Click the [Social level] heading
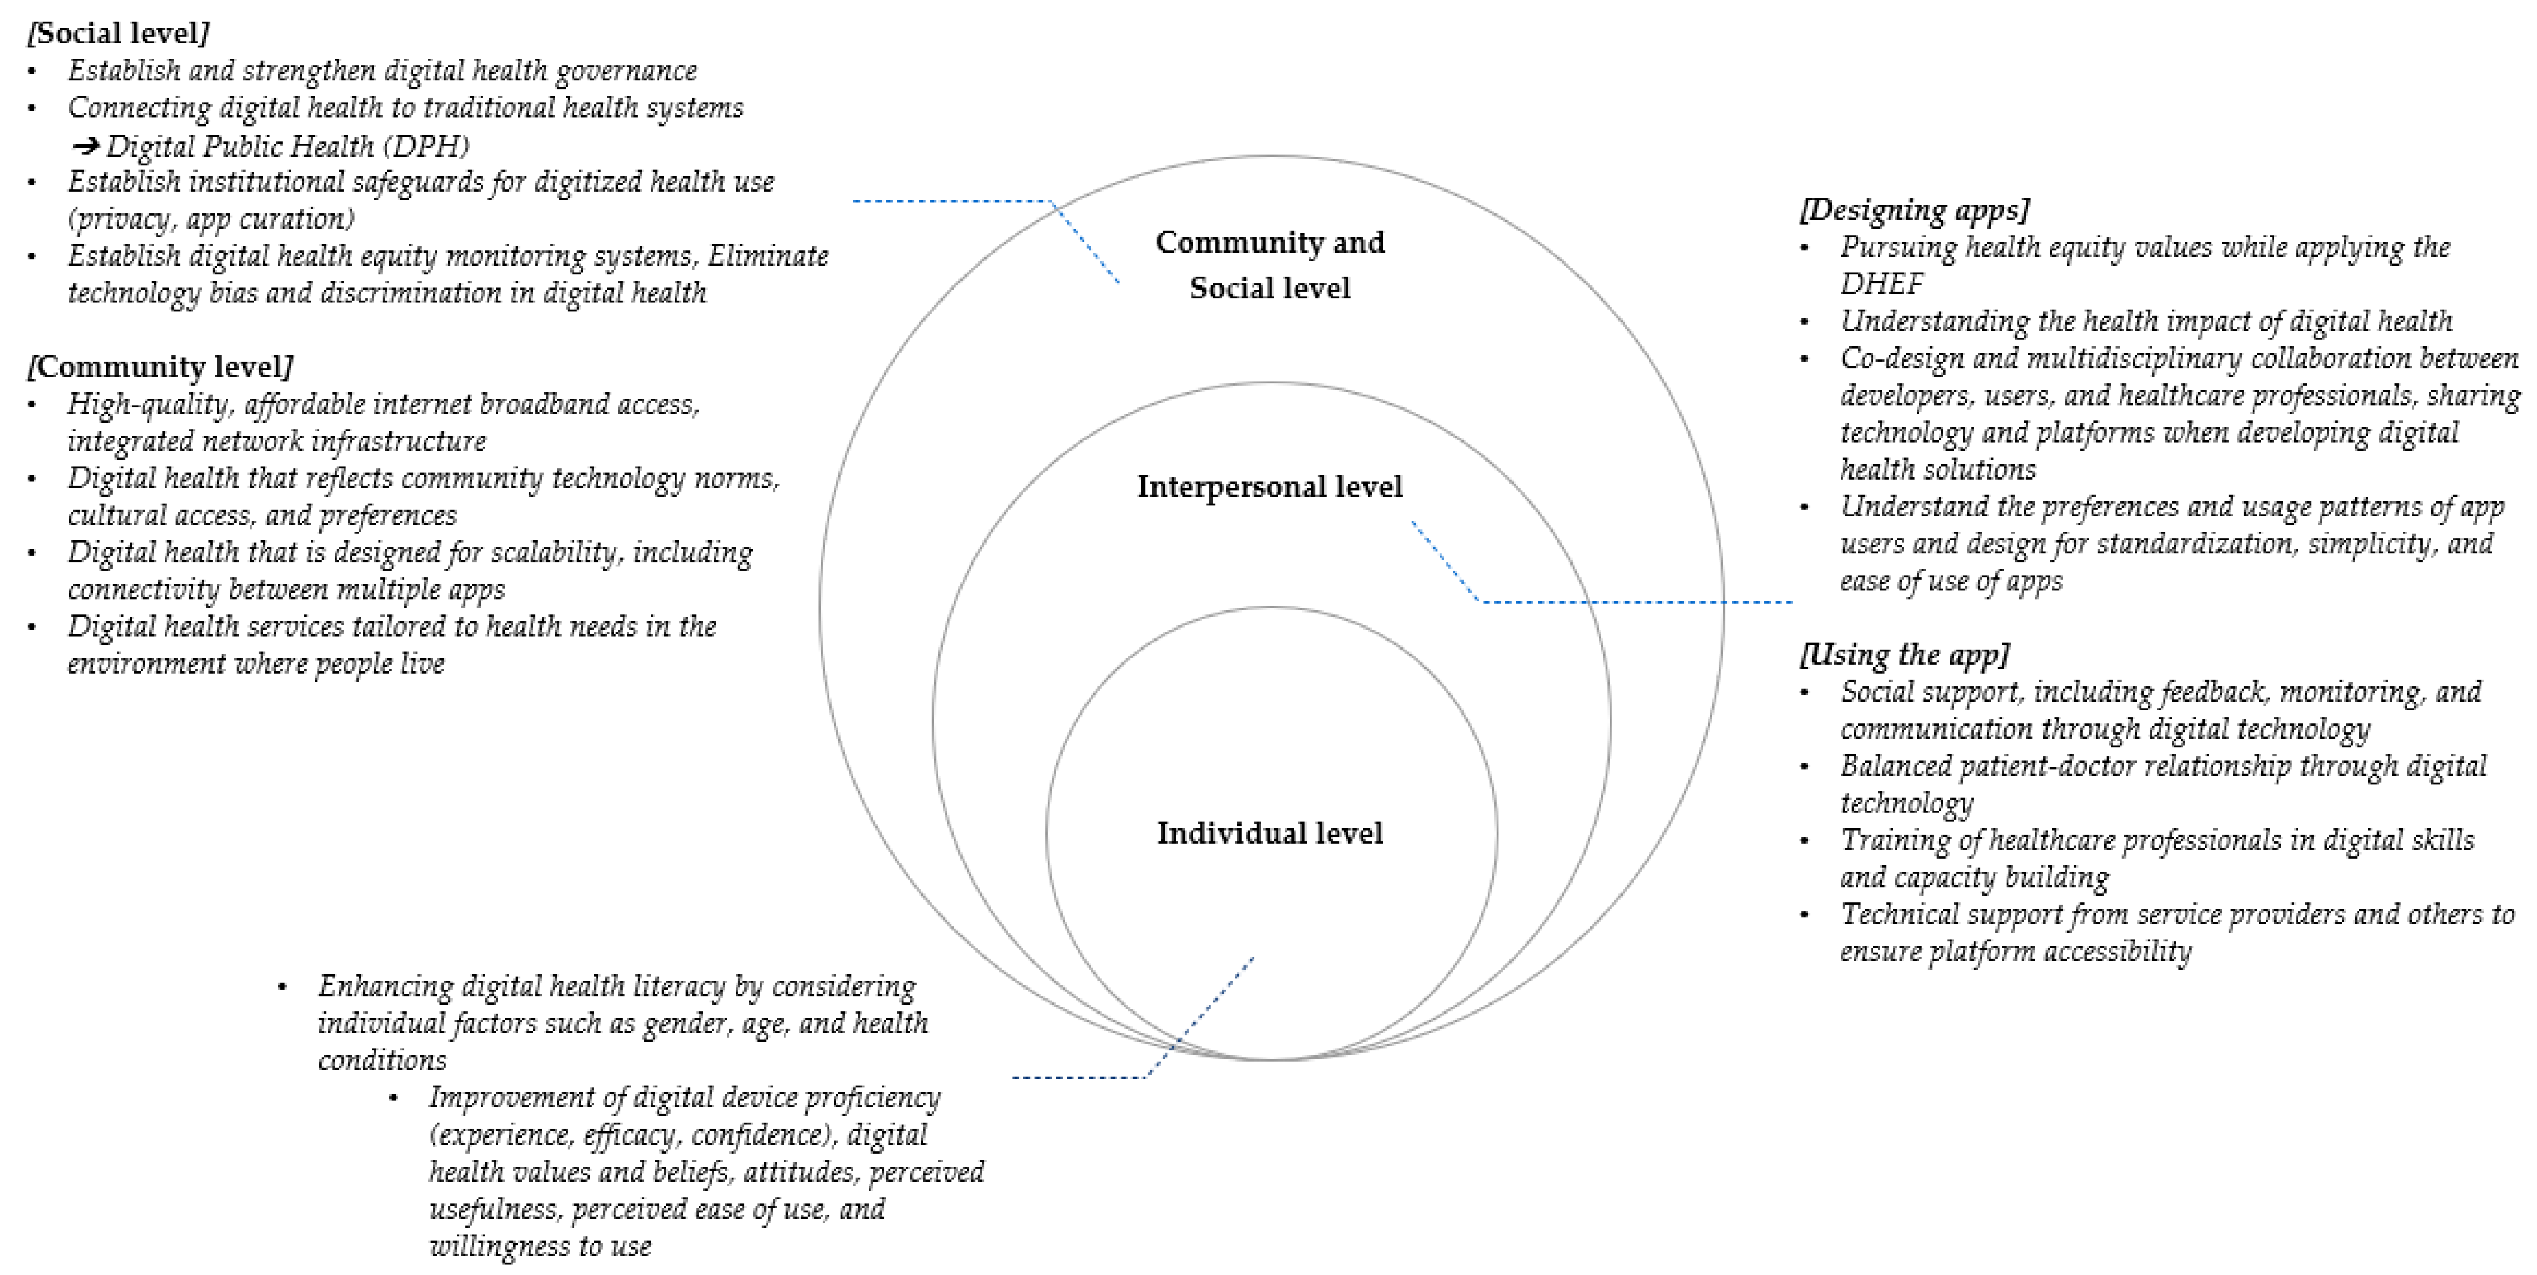tap(118, 33)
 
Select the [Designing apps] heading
tap(1913, 210)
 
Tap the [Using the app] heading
tap(1904, 655)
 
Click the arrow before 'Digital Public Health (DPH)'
tap(86, 147)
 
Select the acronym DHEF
tap(1881, 284)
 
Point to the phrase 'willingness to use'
tap(540, 1246)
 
